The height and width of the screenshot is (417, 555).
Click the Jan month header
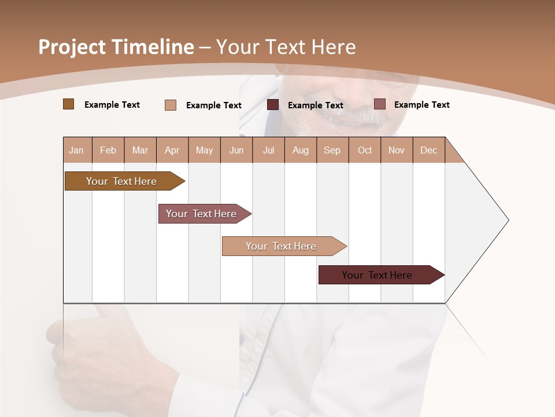tap(77, 150)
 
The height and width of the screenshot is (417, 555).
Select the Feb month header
tap(108, 150)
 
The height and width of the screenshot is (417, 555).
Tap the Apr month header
tap(172, 150)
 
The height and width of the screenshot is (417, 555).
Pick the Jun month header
tap(236, 150)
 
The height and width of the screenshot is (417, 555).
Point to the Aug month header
tap(301, 150)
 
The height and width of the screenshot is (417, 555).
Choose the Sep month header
tap(332, 150)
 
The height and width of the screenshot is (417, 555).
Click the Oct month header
tap(365, 150)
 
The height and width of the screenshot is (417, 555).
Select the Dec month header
tap(429, 150)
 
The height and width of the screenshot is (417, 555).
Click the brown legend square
tap(68, 104)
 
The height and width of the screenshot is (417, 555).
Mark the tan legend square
tap(171, 105)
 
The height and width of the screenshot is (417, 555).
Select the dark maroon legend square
tap(273, 105)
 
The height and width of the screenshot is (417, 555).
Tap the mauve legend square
tap(379, 104)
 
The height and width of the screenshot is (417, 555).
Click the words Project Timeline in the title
tap(116, 47)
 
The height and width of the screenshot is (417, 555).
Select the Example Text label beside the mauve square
tap(421, 105)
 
